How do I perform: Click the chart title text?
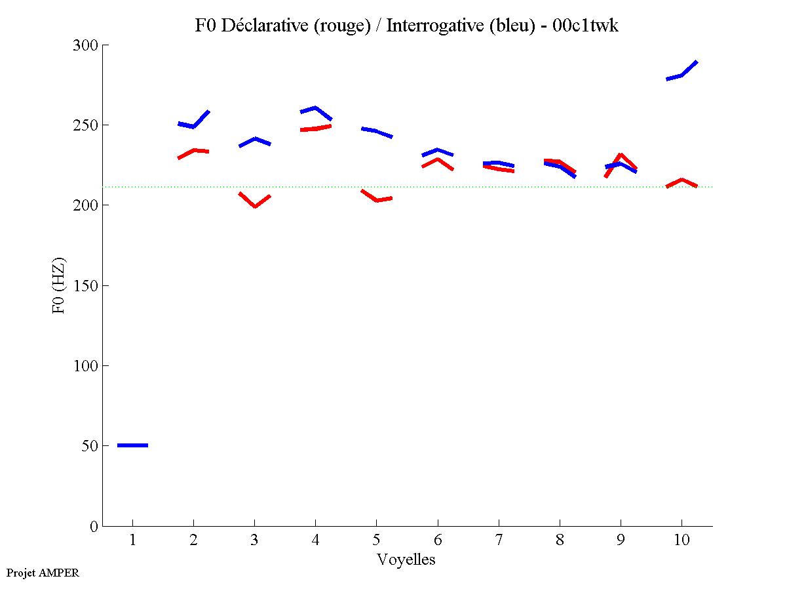pos(406,26)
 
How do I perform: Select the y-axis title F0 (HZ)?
pos(59,285)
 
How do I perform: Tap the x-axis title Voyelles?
pos(406,560)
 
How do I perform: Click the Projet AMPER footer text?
pos(43,573)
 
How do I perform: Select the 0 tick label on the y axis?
pos(94,526)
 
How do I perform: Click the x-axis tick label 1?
pos(132,540)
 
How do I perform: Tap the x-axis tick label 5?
pos(376,540)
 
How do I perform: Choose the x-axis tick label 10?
pos(681,540)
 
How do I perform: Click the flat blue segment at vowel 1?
pos(132,445)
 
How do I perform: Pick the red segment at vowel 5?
pos(377,199)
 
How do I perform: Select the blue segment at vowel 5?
pos(376,131)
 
